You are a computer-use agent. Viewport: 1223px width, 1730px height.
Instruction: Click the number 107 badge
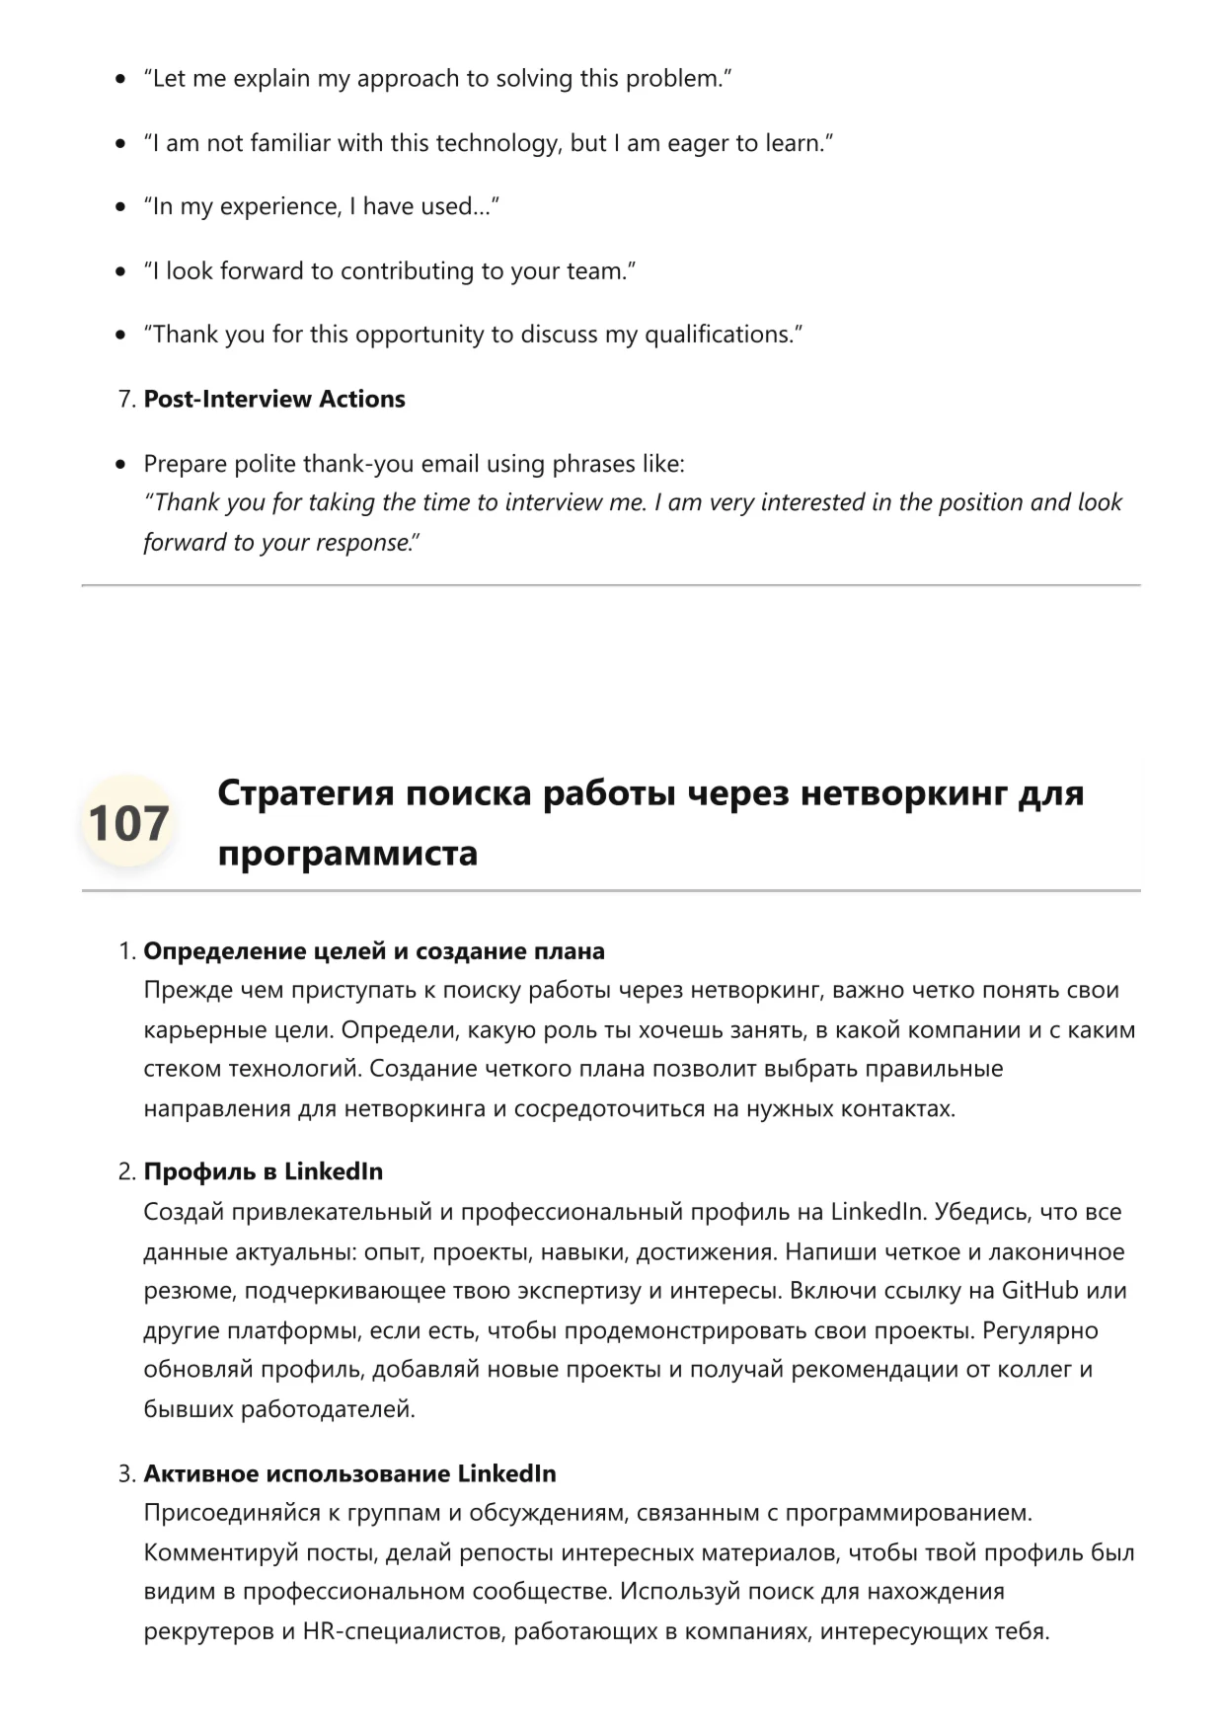[x=127, y=823]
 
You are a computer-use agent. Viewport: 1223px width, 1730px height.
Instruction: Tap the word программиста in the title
[x=347, y=853]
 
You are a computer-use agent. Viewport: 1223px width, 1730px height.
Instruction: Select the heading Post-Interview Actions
[x=274, y=399]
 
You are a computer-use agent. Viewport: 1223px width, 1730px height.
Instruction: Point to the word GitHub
[x=1039, y=1291]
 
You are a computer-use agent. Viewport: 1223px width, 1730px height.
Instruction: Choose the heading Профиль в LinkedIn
[x=263, y=1171]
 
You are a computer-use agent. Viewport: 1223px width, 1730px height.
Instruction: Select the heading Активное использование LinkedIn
[x=349, y=1473]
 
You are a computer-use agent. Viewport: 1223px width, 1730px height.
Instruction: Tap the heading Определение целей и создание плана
[x=374, y=951]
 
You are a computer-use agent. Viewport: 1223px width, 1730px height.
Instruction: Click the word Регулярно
[x=1040, y=1330]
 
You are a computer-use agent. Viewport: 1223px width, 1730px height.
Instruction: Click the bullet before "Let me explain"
[x=120, y=79]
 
